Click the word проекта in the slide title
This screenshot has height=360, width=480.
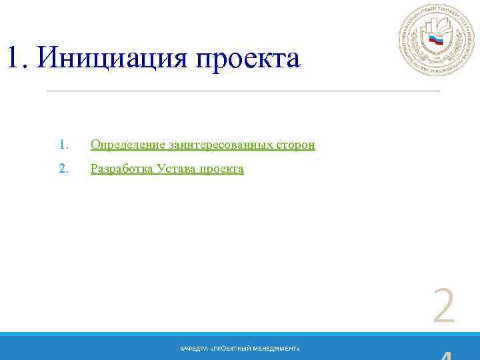247,60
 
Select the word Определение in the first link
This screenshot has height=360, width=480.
127,145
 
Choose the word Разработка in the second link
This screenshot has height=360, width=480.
121,169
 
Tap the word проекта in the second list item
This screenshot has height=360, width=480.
222,169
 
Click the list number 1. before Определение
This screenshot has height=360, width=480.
63,145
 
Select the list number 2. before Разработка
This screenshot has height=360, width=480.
63,169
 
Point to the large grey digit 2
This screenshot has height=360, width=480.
444,307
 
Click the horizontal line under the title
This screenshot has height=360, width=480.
243,90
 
